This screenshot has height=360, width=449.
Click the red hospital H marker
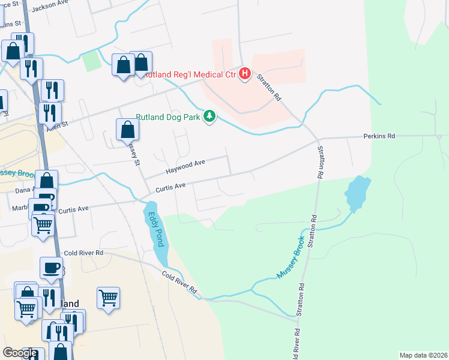[245, 74]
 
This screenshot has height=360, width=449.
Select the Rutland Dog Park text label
[167, 116]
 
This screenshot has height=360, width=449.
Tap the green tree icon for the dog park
[209, 116]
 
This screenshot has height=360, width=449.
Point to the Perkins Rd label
[379, 136]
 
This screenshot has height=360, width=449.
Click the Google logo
[19, 353]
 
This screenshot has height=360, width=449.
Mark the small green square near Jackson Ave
[91, 61]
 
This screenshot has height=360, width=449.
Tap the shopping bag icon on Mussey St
[128, 129]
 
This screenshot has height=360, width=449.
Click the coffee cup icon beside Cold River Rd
[52, 268]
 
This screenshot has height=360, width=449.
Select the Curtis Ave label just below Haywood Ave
[170, 187]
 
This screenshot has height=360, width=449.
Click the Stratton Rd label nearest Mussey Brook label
[312, 231]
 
